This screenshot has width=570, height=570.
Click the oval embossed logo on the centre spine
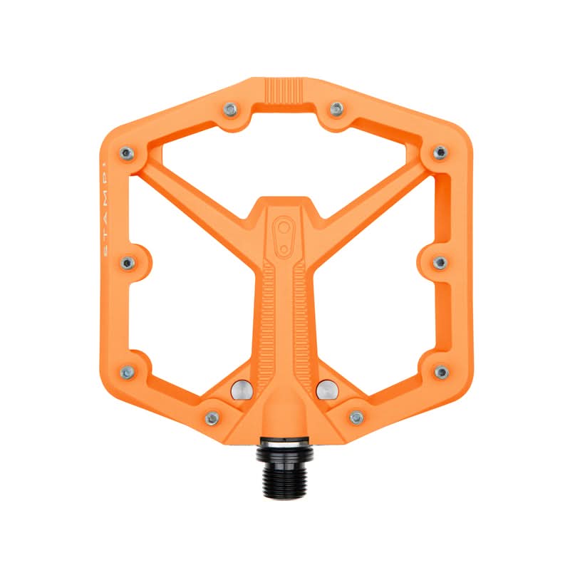285,235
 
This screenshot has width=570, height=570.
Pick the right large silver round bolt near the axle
327,389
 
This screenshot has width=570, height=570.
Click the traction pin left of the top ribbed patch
231,108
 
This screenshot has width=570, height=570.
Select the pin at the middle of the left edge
128,261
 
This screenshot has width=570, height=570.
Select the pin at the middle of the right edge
440,261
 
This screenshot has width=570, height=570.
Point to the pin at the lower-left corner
128,371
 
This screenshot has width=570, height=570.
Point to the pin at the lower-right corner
441,371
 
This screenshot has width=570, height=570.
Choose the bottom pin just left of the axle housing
212,416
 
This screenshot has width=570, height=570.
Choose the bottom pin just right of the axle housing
356,416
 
